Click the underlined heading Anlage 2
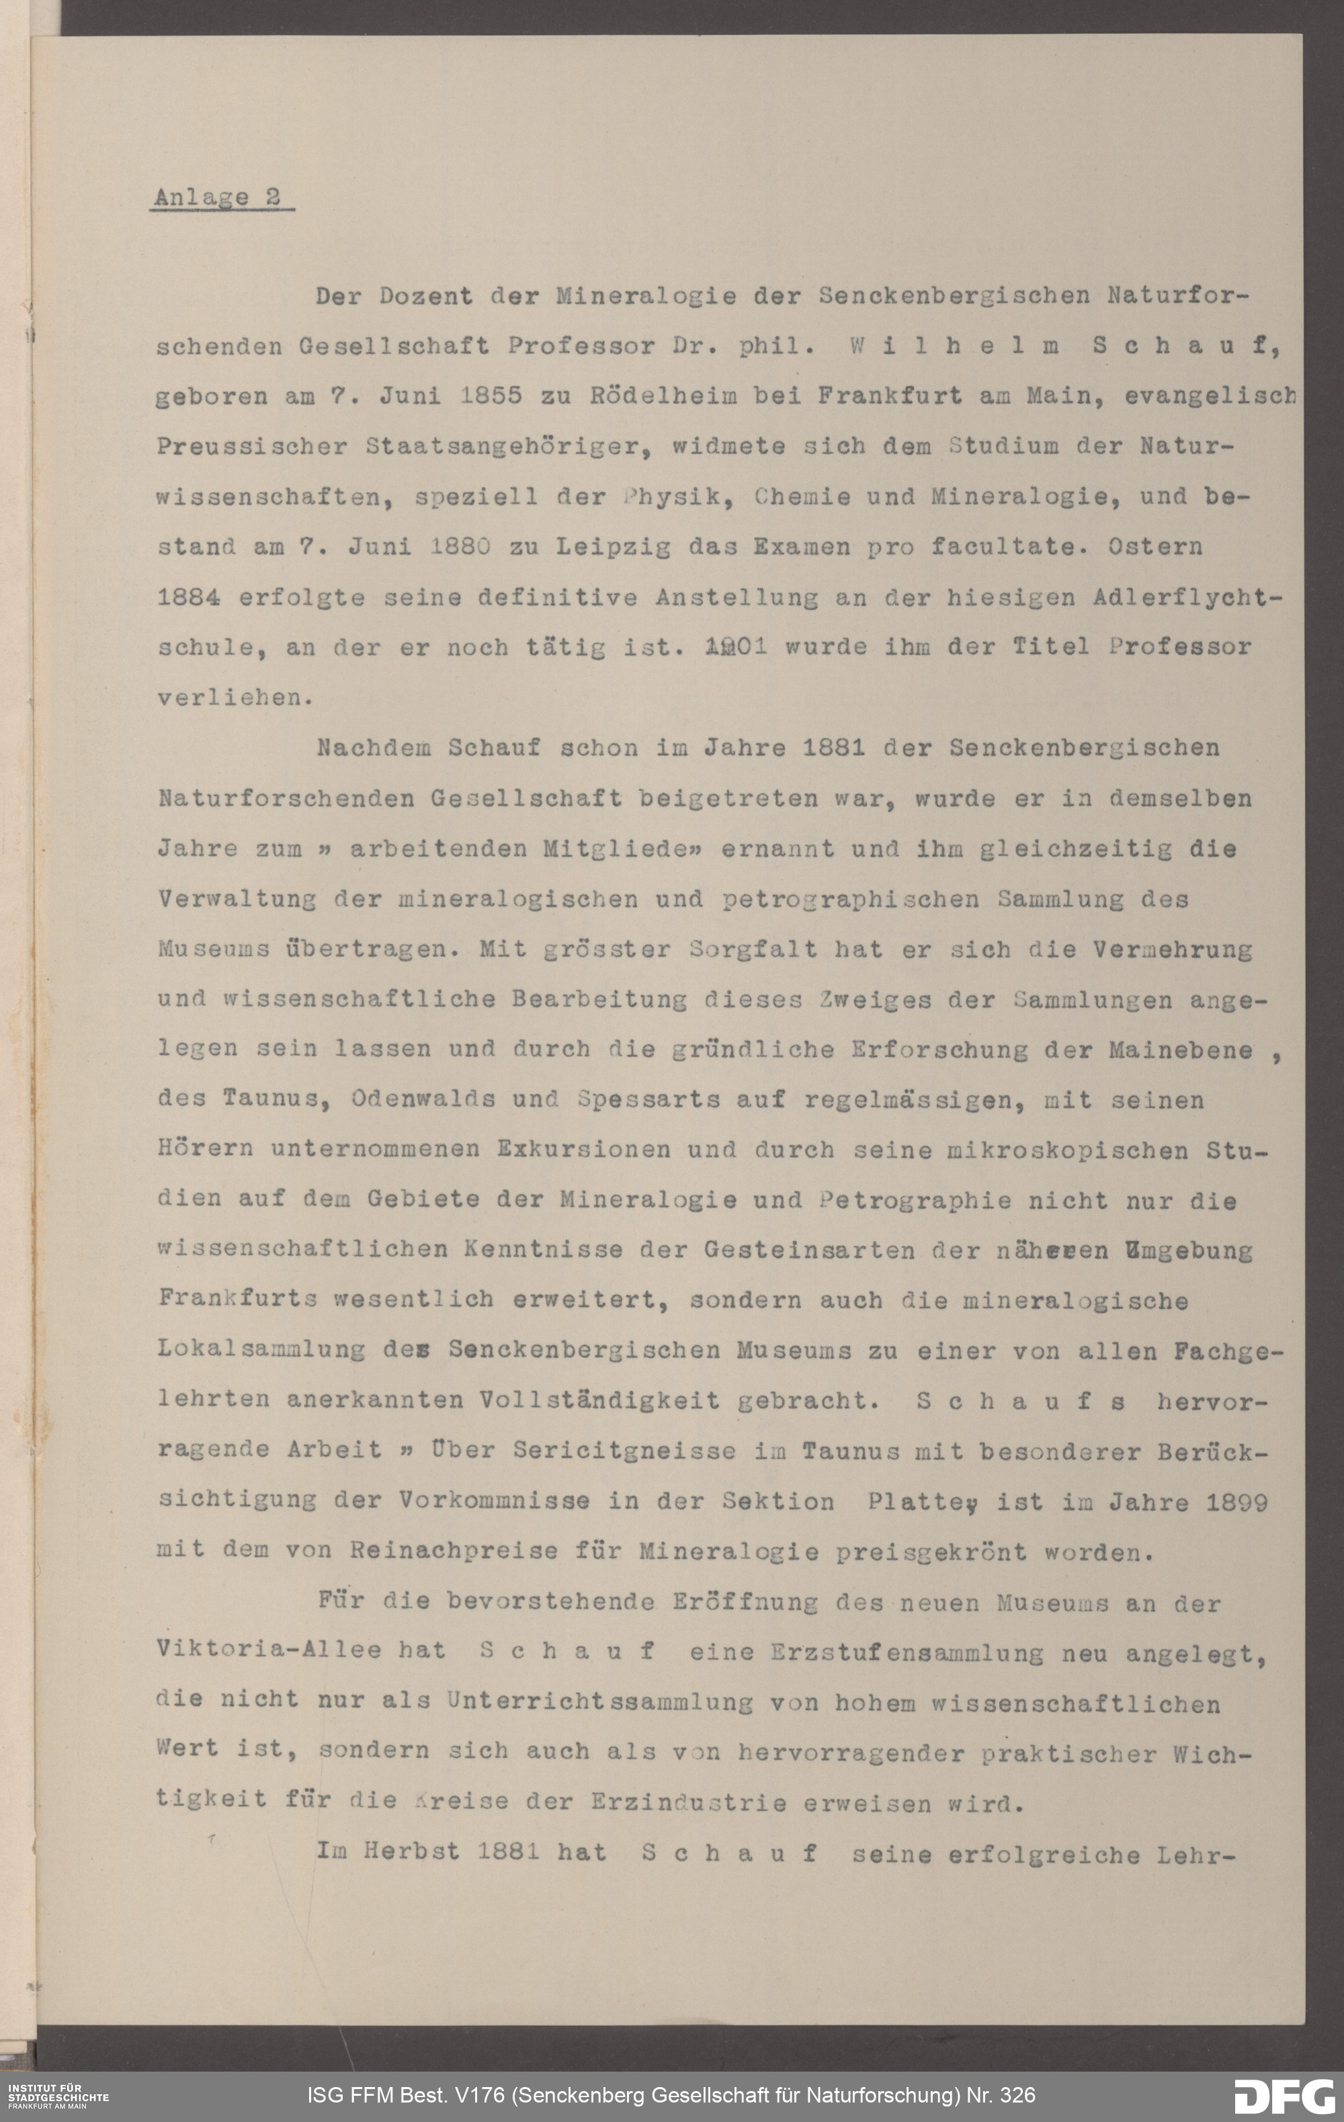pos(217,198)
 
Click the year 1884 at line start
pos(187,597)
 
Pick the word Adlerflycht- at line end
pos(1186,597)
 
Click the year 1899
pos(1236,1502)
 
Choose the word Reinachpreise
pos(454,1552)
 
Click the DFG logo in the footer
pos(1284,2096)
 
